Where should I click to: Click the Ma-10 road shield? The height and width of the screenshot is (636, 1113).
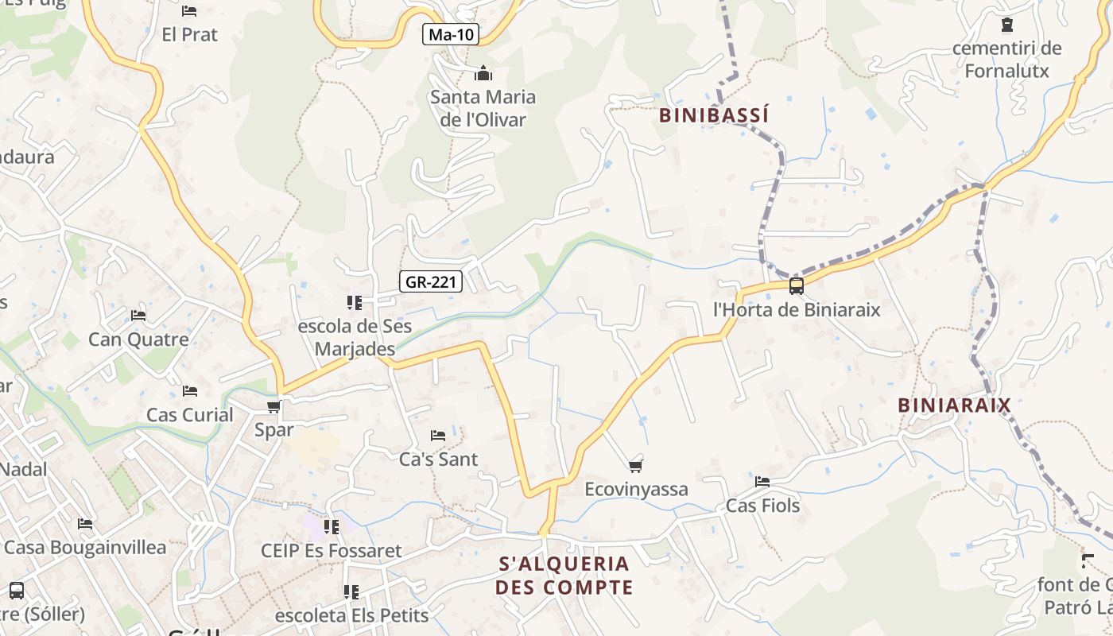tap(450, 34)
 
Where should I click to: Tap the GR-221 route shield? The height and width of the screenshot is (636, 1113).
tap(430, 281)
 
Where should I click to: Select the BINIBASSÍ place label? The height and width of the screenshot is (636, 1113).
tap(714, 115)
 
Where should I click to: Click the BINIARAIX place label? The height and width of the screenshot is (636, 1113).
tap(954, 405)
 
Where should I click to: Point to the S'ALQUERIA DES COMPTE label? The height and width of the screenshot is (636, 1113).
tap(564, 576)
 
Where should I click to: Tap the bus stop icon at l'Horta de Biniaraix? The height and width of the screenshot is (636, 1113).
tap(796, 286)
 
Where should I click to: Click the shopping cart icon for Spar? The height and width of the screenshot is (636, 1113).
tap(273, 407)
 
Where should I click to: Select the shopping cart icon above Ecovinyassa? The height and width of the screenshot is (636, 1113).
tap(635, 466)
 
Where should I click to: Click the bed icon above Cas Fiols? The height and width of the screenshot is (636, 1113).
tap(762, 482)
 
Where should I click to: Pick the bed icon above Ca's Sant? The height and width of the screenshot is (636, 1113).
tap(438, 436)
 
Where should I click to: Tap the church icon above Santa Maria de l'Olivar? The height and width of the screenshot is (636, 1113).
tap(483, 74)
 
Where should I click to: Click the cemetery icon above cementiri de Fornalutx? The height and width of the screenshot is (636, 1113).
tap(1007, 25)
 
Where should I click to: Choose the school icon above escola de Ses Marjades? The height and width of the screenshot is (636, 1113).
tap(354, 302)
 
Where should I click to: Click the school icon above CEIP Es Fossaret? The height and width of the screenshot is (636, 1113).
tap(331, 526)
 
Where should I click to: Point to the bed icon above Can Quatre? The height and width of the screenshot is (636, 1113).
tap(138, 316)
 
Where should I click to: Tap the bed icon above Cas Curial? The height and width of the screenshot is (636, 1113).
tap(190, 391)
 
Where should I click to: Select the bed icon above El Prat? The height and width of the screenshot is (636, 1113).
tap(189, 11)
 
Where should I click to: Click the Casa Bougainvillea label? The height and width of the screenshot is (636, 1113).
tap(85, 548)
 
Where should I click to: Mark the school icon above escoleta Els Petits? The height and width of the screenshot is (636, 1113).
tap(351, 591)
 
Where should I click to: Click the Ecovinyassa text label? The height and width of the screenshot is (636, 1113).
tap(636, 489)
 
